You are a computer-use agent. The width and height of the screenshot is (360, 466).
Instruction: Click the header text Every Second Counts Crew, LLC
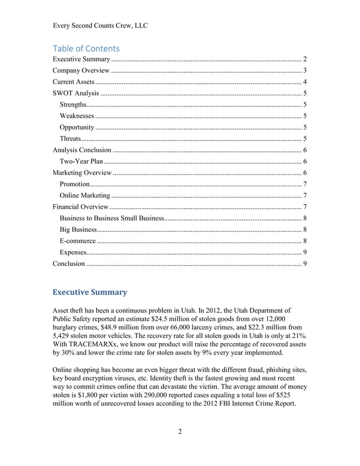(100, 25)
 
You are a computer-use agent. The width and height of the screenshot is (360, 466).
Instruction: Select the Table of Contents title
(86, 49)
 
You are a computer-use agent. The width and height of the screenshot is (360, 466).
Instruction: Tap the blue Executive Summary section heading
(90, 292)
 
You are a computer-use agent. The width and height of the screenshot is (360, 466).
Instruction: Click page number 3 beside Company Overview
(305, 71)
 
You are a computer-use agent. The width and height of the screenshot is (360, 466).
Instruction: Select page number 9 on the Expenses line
(305, 252)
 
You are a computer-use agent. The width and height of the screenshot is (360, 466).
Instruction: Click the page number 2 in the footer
(180, 432)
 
